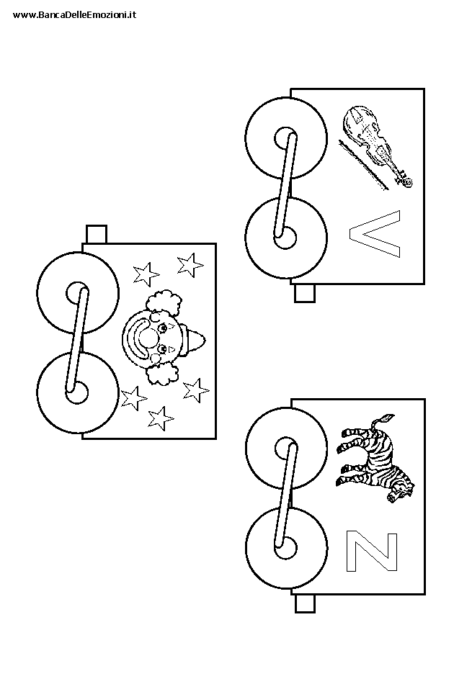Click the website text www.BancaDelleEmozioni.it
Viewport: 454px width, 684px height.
coord(75,15)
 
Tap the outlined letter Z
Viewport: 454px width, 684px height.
coord(372,551)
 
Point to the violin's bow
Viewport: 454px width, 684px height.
coord(363,165)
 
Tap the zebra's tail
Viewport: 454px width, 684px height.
coord(383,420)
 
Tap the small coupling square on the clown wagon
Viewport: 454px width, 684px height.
coord(97,234)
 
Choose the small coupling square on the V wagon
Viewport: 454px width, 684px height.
coord(305,293)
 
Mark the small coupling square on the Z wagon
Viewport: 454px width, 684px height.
coord(305,604)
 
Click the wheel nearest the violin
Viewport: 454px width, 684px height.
coord(286,138)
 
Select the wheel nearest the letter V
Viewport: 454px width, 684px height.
coord(286,238)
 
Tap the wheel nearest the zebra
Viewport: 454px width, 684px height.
coord(286,448)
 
